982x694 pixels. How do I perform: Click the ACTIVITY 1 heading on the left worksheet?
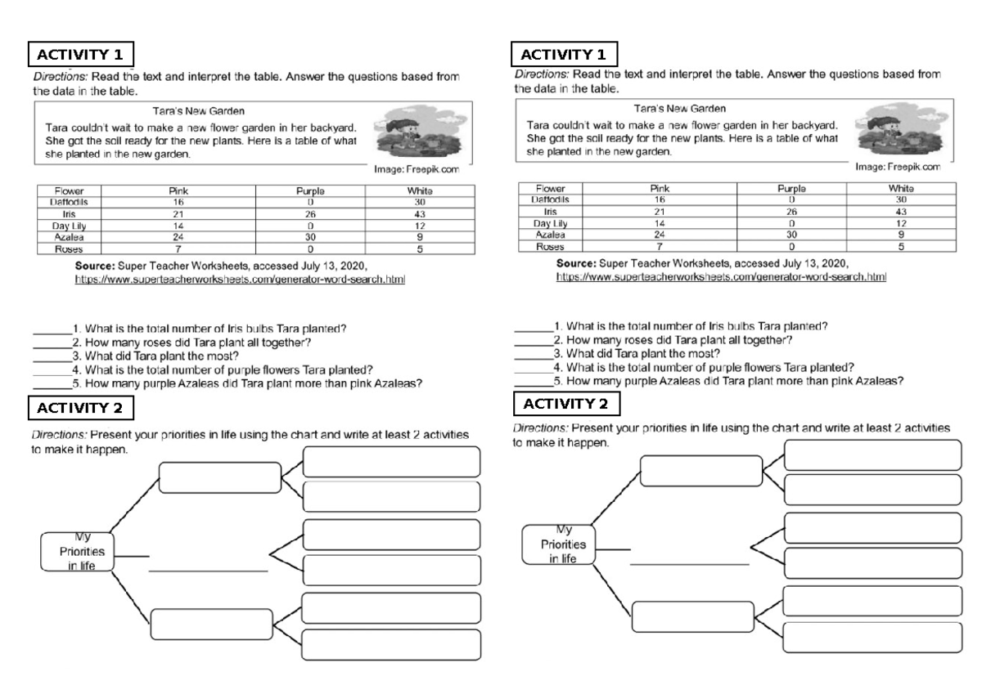click(x=81, y=55)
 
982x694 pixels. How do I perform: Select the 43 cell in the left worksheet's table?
click(x=420, y=214)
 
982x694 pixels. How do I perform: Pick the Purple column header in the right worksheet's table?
click(x=791, y=188)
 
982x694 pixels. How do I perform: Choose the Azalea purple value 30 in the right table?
click(x=791, y=234)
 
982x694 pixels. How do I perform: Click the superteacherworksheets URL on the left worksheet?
click(x=240, y=280)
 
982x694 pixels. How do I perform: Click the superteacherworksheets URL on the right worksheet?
click(x=721, y=277)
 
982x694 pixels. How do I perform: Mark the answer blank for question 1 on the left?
click(x=52, y=329)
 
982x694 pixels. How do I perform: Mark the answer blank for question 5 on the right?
click(x=533, y=381)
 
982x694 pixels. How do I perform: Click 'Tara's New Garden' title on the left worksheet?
click(x=199, y=110)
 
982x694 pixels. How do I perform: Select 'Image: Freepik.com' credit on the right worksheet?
click(x=898, y=167)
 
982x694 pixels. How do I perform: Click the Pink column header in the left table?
click(x=178, y=190)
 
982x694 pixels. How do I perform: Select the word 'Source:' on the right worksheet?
click(x=576, y=264)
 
